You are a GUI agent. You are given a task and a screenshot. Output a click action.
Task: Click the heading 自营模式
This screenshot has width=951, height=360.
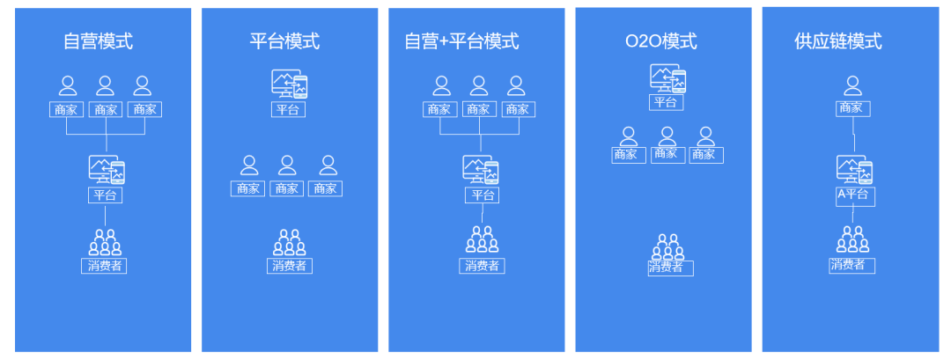tap(98, 41)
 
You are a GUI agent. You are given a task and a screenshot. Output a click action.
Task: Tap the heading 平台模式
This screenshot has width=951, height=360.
tap(284, 41)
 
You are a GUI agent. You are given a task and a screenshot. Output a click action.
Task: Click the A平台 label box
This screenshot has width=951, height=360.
tap(853, 195)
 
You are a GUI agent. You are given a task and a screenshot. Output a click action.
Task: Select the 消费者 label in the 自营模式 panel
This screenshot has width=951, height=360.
tap(106, 265)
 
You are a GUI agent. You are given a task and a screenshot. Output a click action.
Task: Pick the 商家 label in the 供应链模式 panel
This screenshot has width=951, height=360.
tap(851, 108)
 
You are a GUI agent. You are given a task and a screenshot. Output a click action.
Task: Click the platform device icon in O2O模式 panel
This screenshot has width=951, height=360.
tap(667, 78)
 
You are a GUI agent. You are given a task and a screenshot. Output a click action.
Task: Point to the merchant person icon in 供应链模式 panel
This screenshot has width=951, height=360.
tap(851, 85)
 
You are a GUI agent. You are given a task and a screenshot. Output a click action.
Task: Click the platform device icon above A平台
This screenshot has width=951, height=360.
tap(854, 169)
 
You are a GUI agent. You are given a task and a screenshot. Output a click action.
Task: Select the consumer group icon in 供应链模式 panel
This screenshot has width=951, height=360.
tap(852, 239)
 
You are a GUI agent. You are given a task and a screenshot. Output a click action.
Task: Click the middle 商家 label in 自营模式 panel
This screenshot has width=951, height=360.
tap(106, 109)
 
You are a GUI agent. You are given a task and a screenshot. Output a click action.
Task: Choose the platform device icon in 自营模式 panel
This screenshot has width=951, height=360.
tap(107, 170)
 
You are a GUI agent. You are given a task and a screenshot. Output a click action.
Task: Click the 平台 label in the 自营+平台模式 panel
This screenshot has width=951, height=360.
tap(482, 195)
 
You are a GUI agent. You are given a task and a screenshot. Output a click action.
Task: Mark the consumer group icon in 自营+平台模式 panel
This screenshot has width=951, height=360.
tap(482, 240)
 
